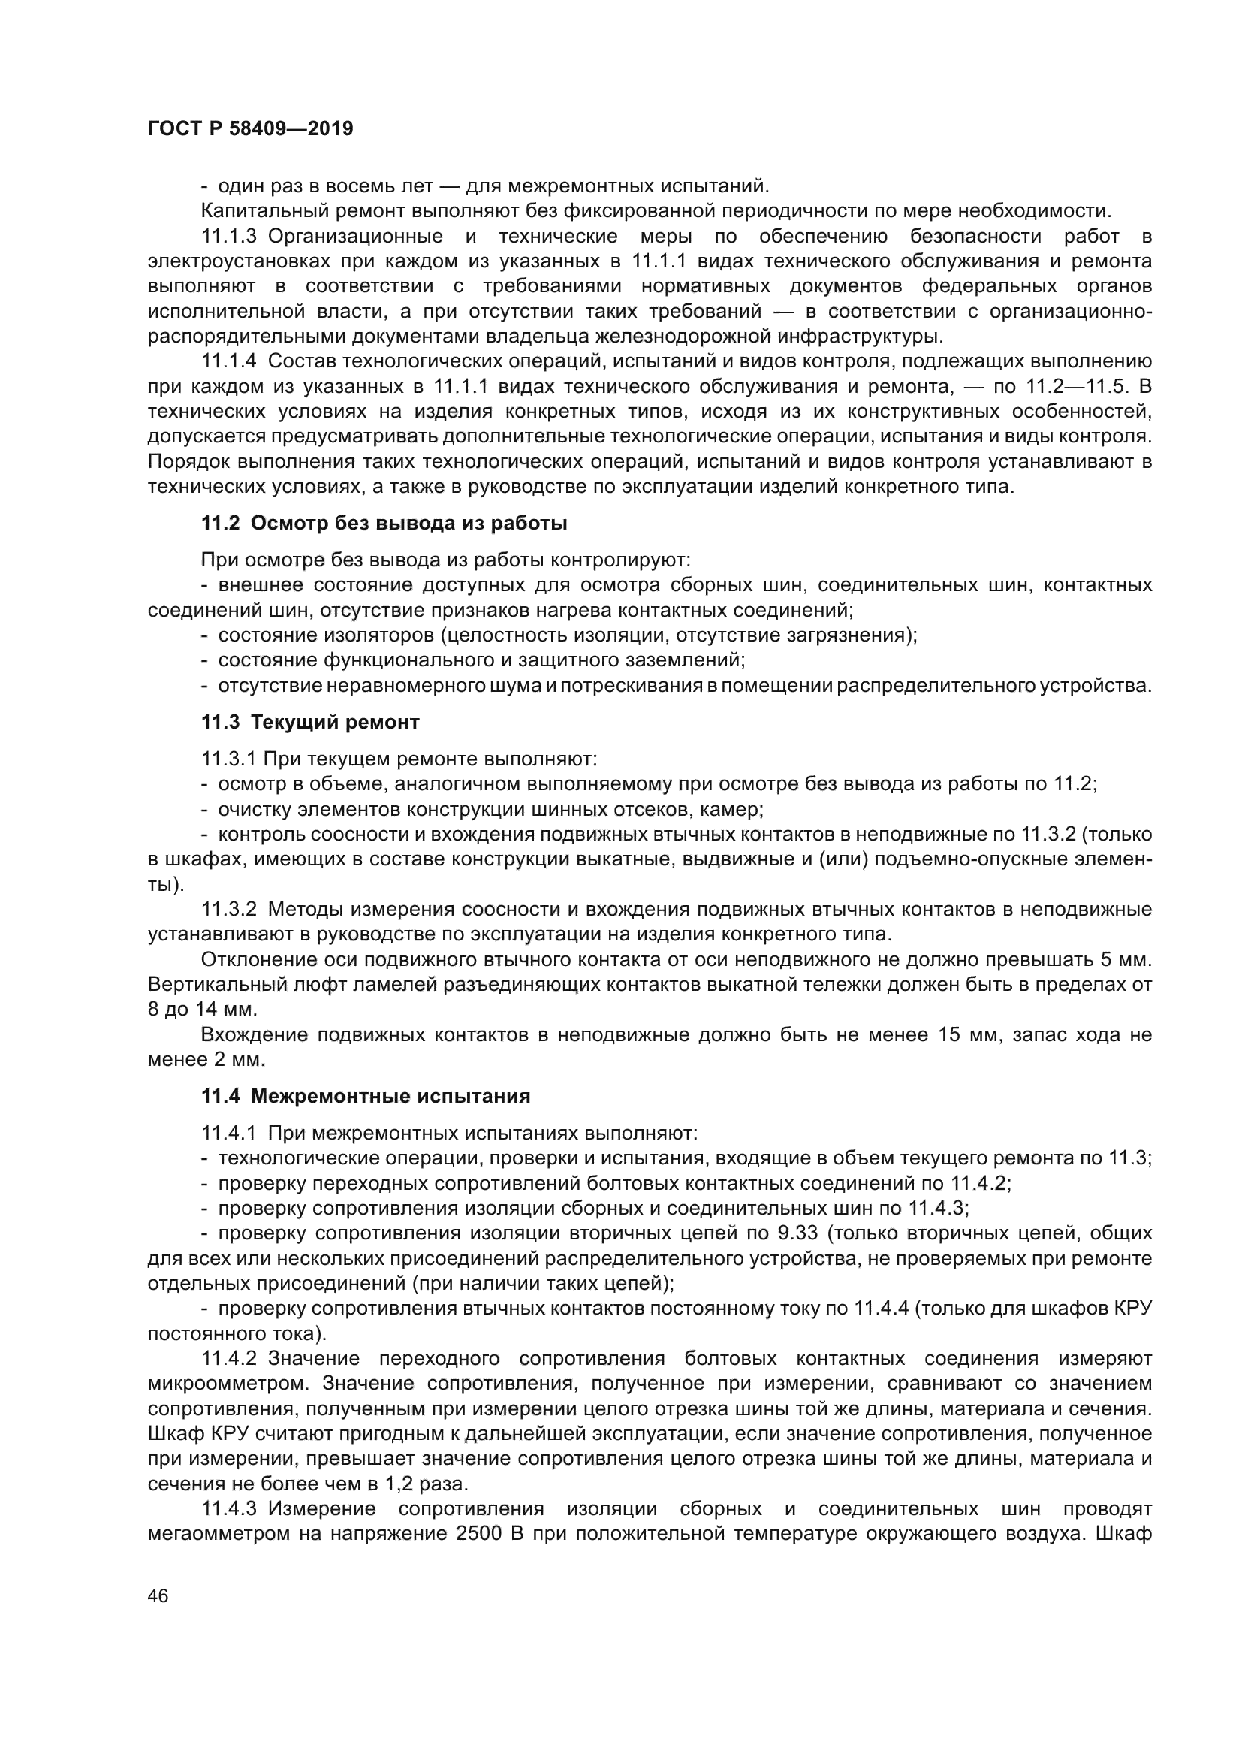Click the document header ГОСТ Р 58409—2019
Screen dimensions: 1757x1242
pos(250,128)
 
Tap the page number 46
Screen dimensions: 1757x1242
pos(158,1595)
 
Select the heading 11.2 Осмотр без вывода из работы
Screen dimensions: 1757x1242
pos(384,524)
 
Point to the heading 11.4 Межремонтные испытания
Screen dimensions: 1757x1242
pos(366,1096)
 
